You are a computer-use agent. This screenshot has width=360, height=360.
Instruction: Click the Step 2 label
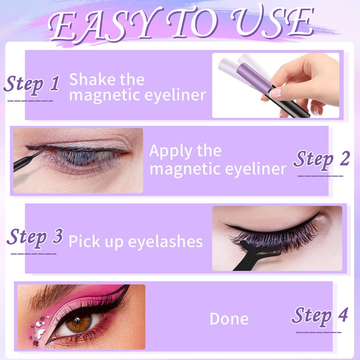click(321, 160)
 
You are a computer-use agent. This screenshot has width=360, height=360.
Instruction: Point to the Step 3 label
click(35, 238)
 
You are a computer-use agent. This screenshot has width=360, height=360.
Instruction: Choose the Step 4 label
click(319, 316)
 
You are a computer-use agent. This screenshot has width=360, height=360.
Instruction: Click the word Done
click(229, 319)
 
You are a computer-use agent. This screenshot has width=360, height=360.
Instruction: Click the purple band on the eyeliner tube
click(254, 77)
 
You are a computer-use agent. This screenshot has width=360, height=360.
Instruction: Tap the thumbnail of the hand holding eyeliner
click(276, 85)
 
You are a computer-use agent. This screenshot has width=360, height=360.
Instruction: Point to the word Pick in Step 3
click(84, 241)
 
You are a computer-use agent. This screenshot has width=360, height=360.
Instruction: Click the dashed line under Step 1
click(30, 101)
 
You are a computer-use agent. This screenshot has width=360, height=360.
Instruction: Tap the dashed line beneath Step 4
click(319, 332)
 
